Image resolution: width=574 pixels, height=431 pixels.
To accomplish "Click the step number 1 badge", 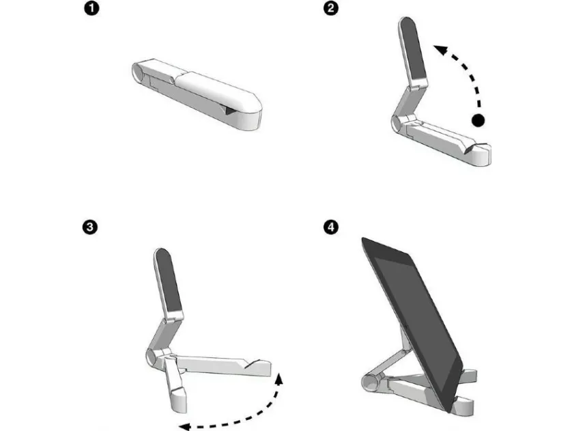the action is (x=92, y=8).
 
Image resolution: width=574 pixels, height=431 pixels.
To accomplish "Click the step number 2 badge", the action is (x=331, y=8).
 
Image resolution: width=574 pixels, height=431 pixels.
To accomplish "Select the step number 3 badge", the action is (x=90, y=227).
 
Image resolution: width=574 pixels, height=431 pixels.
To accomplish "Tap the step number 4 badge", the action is (x=331, y=227).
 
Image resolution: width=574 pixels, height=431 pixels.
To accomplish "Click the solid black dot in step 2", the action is (x=478, y=120).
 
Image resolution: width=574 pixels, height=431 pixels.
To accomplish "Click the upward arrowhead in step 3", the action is (x=279, y=378).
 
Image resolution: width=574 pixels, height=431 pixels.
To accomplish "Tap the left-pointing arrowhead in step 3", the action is (x=184, y=426).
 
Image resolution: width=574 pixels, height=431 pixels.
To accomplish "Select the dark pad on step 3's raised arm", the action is (x=168, y=280).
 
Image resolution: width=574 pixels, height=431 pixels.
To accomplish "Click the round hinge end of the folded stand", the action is (x=138, y=72).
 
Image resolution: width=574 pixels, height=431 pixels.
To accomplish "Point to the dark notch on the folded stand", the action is (x=229, y=110).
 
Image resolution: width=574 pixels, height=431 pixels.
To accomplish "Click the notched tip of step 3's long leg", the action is (x=260, y=367).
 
